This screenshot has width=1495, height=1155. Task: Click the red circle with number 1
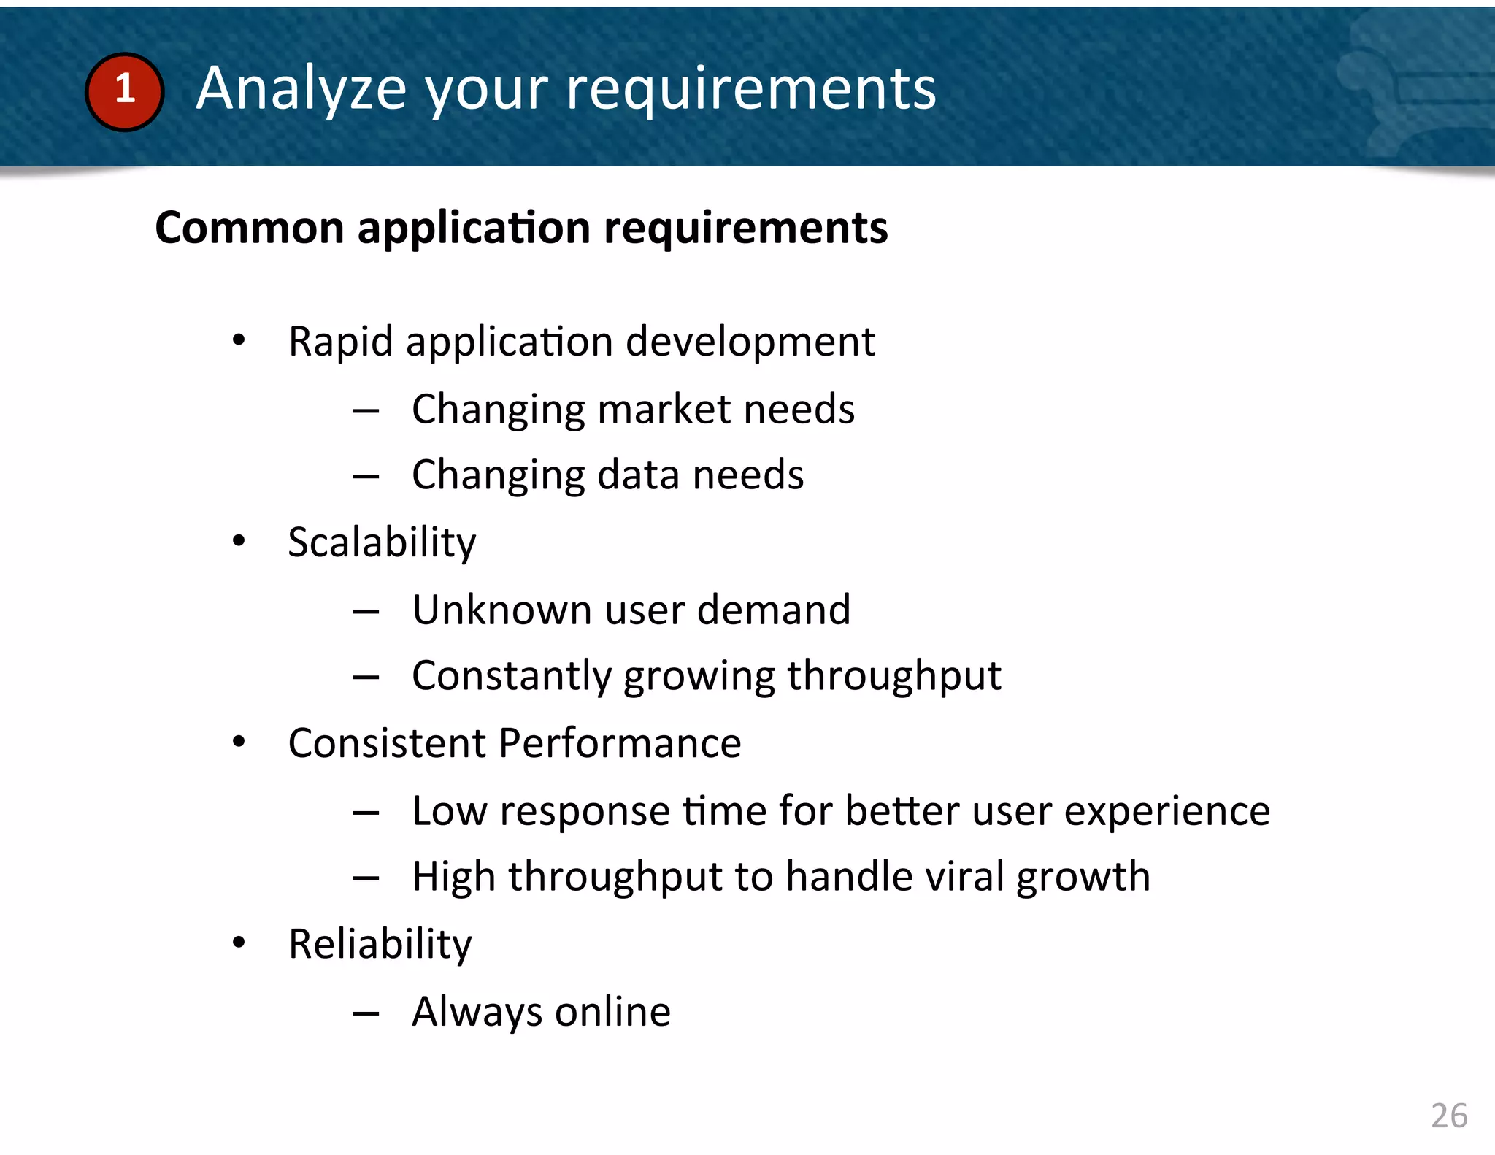pos(124,92)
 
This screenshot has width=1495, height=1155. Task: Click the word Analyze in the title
pos(300,89)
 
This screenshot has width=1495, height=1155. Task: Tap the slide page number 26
pos(1448,1116)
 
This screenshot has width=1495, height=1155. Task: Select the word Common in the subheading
pos(249,228)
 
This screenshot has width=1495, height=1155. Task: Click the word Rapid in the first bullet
pos(340,342)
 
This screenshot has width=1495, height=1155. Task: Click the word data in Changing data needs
pos(639,475)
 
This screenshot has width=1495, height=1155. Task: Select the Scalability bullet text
pos(382,542)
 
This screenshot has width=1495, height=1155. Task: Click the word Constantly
pos(512,676)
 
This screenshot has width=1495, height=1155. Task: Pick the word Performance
pos(620,743)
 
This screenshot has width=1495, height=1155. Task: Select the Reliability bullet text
pos(380,945)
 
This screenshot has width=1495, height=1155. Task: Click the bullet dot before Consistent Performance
pos(239,742)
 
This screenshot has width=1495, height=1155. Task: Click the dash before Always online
pos(366,1013)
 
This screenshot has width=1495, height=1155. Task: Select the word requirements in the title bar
pos(751,89)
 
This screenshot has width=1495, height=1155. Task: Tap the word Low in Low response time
pos(449,811)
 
